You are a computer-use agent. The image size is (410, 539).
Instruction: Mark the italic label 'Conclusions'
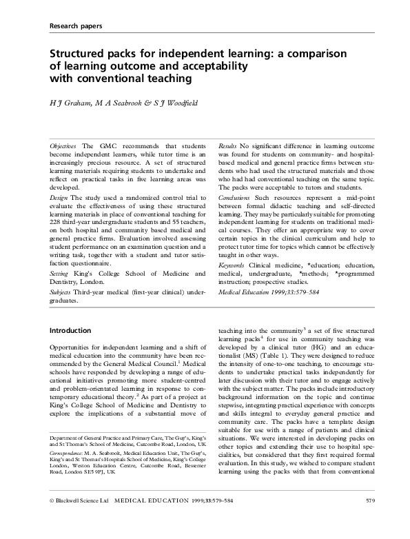click(x=236, y=205)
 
